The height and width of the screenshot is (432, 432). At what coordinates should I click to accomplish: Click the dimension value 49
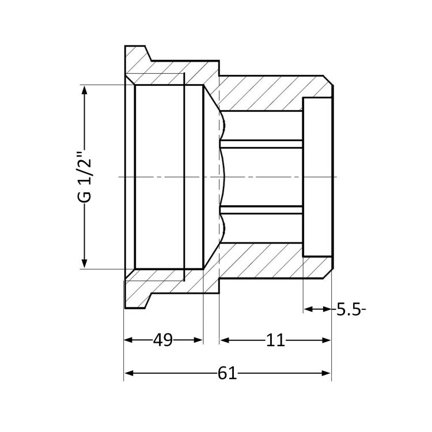[163, 340]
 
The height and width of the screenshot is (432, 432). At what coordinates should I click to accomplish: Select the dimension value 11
[275, 340]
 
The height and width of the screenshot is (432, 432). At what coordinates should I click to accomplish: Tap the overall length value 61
[227, 374]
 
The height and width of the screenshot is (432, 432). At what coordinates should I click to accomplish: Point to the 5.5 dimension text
[349, 310]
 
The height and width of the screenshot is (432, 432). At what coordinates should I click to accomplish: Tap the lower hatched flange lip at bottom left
[138, 293]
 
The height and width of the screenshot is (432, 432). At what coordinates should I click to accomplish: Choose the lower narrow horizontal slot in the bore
[262, 209]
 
